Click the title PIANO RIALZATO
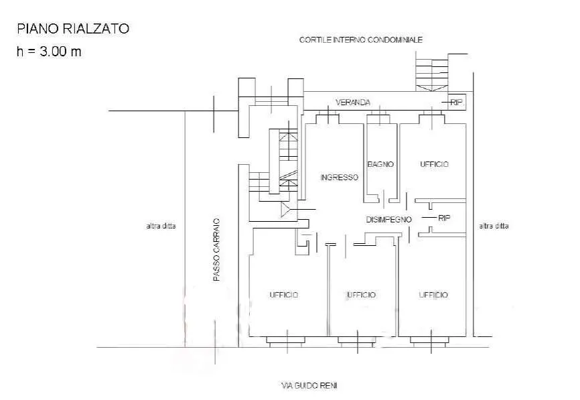click(73, 29)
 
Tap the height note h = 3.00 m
click(49, 51)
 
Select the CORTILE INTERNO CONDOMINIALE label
click(360, 40)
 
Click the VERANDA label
click(353, 102)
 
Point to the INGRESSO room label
click(339, 178)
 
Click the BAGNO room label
click(380, 164)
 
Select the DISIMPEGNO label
click(388, 219)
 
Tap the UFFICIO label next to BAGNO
click(434, 164)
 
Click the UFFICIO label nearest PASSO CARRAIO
click(284, 295)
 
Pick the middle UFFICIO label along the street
click(362, 295)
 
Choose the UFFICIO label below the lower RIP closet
click(433, 295)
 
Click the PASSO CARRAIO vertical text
click(216, 250)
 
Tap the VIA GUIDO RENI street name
click(309, 386)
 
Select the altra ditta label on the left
click(161, 226)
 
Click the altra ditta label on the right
click(494, 226)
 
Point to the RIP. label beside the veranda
click(457, 102)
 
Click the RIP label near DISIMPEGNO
click(444, 218)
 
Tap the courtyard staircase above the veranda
click(432, 72)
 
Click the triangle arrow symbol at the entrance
click(285, 210)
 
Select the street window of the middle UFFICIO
click(358, 341)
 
